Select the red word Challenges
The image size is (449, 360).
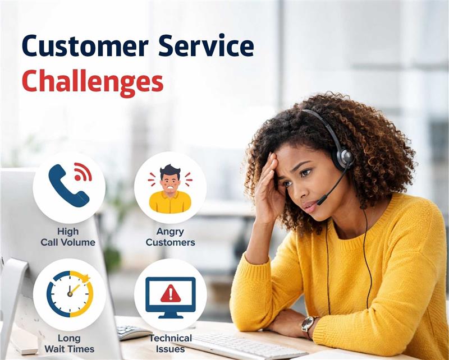pyautogui.click(x=93, y=82)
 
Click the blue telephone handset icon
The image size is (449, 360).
pyautogui.click(x=67, y=185)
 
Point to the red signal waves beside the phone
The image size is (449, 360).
pyautogui.click(x=83, y=170)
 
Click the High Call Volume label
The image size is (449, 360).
pyautogui.click(x=68, y=237)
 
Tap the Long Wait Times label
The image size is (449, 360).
pyautogui.click(x=69, y=343)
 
